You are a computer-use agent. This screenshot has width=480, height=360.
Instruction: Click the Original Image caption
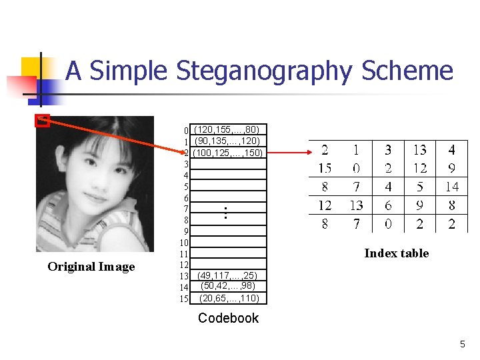(91, 267)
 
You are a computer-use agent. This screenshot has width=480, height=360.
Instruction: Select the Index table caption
(396, 253)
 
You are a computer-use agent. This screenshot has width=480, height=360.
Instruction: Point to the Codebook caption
(228, 318)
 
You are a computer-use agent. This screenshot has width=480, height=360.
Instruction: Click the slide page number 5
(462, 344)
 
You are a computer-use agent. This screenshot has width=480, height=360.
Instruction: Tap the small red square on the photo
(42, 121)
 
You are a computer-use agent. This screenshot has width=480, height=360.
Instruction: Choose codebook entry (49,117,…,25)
(229, 275)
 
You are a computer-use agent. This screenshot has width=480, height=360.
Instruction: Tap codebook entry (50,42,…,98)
(229, 286)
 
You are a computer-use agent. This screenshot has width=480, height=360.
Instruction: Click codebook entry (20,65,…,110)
(229, 298)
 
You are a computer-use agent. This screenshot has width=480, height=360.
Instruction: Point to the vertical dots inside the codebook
(226, 213)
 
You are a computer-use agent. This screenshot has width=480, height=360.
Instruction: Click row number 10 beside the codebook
(184, 243)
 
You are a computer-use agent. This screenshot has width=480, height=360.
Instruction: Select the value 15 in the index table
(325, 168)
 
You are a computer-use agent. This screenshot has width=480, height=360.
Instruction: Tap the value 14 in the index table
(451, 187)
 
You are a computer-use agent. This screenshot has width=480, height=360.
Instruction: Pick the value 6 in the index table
(388, 205)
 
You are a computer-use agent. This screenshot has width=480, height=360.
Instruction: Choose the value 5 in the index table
(419, 187)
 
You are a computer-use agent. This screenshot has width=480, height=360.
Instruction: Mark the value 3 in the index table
(388, 150)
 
